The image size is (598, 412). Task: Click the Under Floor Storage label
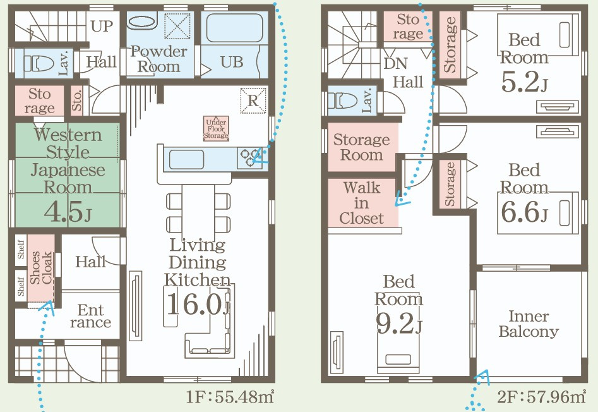coord(216,128)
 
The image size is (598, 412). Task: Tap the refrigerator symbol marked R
coord(253,100)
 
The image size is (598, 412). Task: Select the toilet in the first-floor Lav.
coord(39,63)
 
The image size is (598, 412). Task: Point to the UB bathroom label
coord(232,62)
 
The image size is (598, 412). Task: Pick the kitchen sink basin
coord(186,159)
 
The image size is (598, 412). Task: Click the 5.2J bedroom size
coord(524,82)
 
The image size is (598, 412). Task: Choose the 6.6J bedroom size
coord(524,212)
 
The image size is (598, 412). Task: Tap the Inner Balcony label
coord(529,324)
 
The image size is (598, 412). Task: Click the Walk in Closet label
coord(361,203)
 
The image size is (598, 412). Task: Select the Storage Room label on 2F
coord(362,147)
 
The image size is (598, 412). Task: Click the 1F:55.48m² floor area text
coord(230,397)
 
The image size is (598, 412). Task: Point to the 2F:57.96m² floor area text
coord(541,397)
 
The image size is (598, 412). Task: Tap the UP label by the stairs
coord(102,27)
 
